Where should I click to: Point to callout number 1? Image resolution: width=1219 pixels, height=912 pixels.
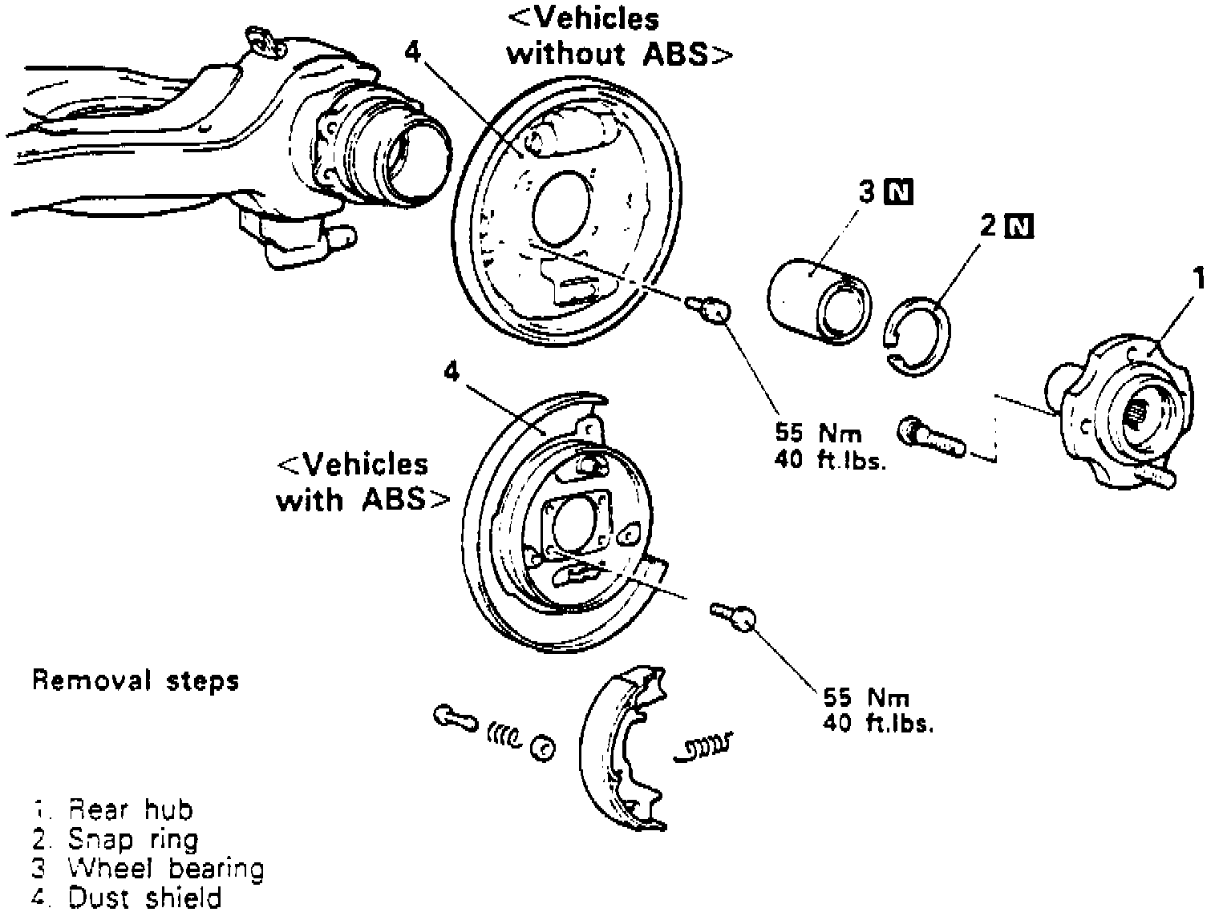pos(1198,280)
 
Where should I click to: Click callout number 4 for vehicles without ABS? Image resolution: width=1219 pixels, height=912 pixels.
pos(412,52)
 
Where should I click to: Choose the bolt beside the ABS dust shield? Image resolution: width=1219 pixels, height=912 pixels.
pos(734,615)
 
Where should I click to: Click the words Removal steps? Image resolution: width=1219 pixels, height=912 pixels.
pos(136,681)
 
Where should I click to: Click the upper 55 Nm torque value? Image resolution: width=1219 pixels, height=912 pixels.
pos(818,434)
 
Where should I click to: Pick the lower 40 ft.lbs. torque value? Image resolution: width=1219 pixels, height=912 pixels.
pos(878,723)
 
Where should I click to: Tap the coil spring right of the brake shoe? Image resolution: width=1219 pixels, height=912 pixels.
pos(704,747)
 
